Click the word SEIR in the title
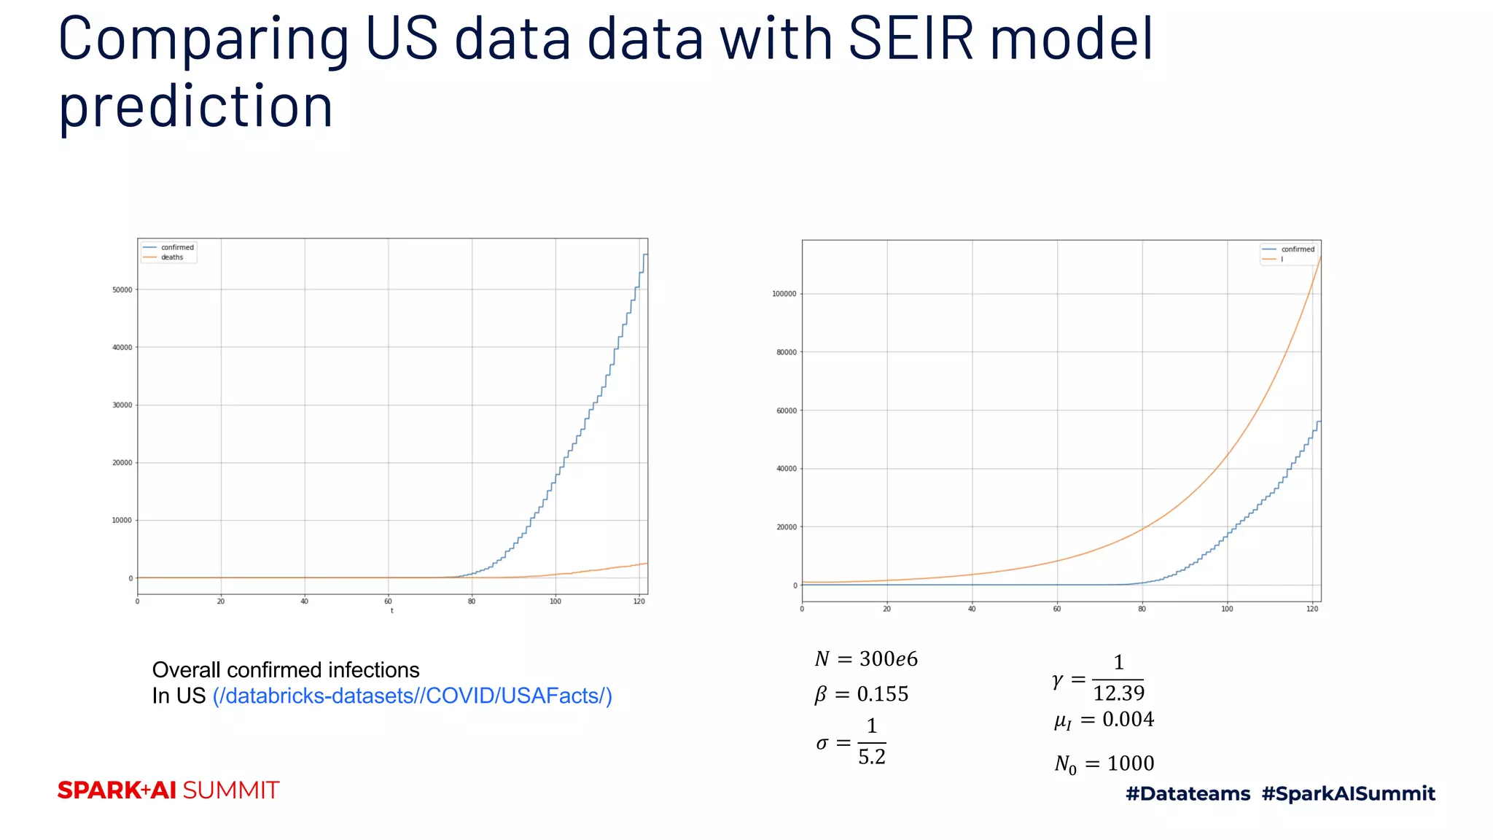coord(911,39)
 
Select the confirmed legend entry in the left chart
coord(176,247)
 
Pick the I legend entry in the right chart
coord(1282,259)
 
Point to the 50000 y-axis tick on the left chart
coord(122,290)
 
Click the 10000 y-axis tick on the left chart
coord(122,521)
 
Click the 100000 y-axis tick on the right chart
coord(784,294)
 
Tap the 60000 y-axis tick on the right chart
coord(787,411)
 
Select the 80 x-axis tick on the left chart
coord(472,602)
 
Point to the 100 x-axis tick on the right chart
coord(1228,609)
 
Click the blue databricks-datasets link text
coord(412,696)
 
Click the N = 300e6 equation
coord(866,659)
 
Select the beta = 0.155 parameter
coord(861,694)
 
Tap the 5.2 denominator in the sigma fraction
coord(872,758)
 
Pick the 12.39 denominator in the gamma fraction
coord(1118,693)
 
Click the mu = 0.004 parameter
coord(1104,720)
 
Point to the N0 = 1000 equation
coord(1104,764)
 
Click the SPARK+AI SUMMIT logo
coord(168,790)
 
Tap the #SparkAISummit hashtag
coord(1348,793)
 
